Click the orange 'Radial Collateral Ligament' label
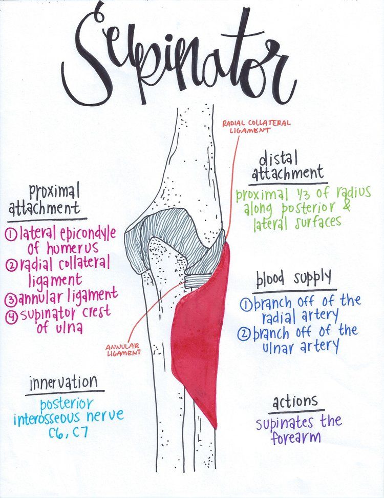pos(256,126)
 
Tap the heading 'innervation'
pos(63,382)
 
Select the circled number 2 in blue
pos(245,334)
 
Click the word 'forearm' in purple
pos(290,438)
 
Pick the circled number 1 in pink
pos(12,235)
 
